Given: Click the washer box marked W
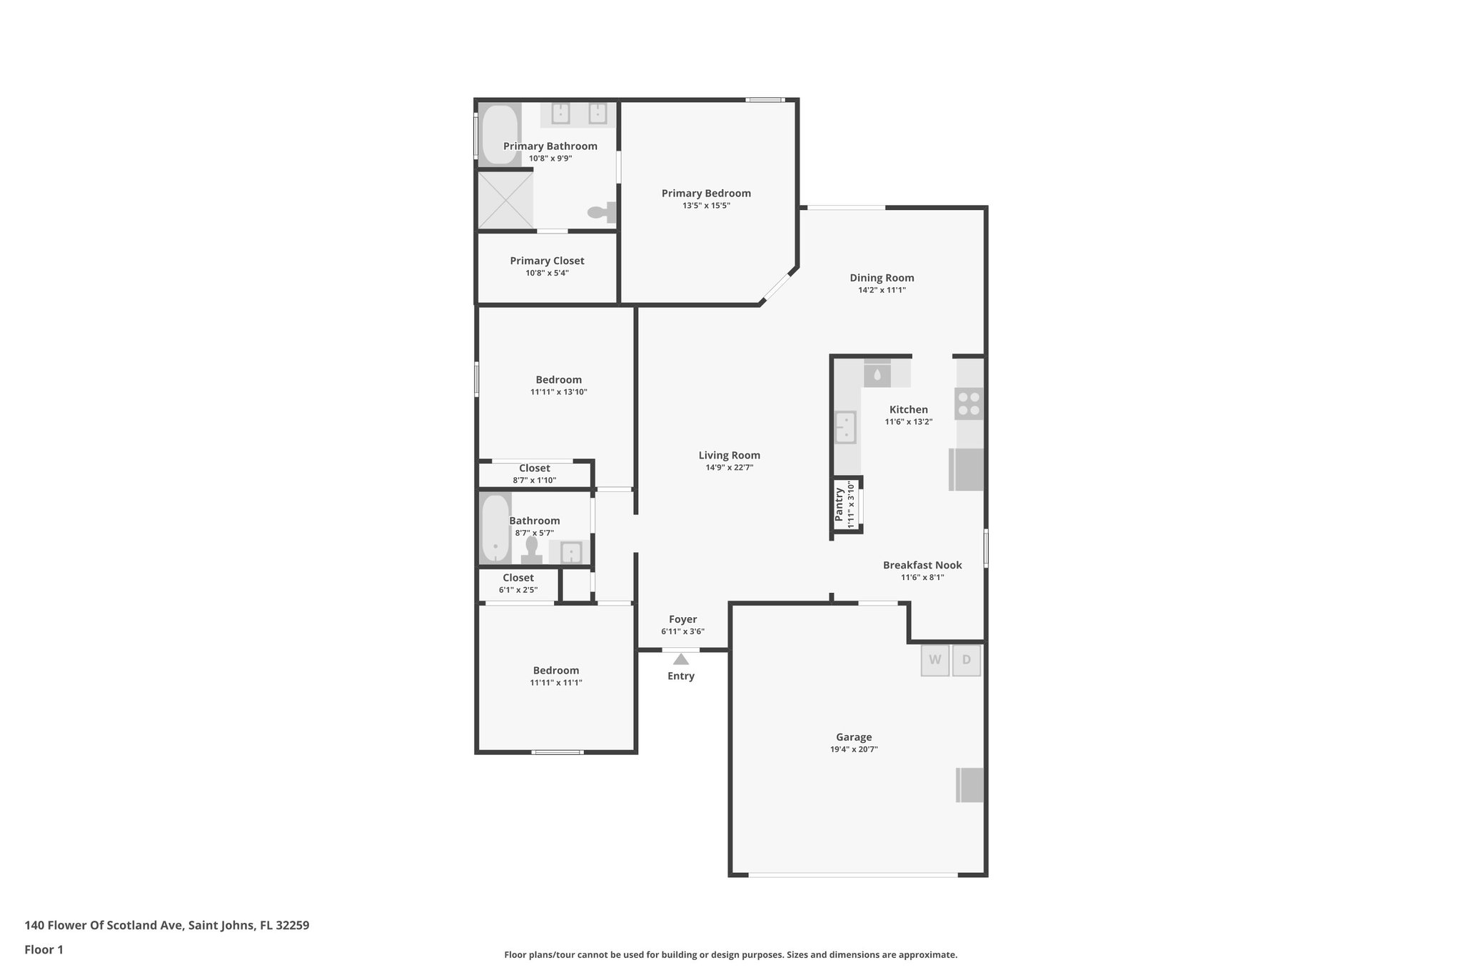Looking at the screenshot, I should point(934,660).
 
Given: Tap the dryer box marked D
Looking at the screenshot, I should point(967,660).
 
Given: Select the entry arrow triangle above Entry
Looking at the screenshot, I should point(681,659).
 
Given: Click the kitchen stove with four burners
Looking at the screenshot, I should point(969,404).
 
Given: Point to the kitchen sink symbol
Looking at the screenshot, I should point(846,427).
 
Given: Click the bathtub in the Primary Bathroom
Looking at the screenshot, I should point(500,135).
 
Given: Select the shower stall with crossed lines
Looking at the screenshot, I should point(505,201).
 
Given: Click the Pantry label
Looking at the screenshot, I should point(840,505).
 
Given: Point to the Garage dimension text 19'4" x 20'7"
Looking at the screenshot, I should point(854,749).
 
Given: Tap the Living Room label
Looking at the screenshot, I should point(729,455).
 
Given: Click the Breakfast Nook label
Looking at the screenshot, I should point(922,565).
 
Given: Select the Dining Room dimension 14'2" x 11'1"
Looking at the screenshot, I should point(882,290).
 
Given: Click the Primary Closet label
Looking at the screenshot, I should point(547,261).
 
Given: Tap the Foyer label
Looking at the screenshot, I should point(682,619).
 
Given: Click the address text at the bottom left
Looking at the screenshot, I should point(167,925).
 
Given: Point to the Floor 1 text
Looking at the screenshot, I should point(44,949).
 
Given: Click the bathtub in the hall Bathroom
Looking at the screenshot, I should point(495,529).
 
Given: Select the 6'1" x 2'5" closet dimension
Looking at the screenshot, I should point(518,590).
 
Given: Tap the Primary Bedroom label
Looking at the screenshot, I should point(706,193).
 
